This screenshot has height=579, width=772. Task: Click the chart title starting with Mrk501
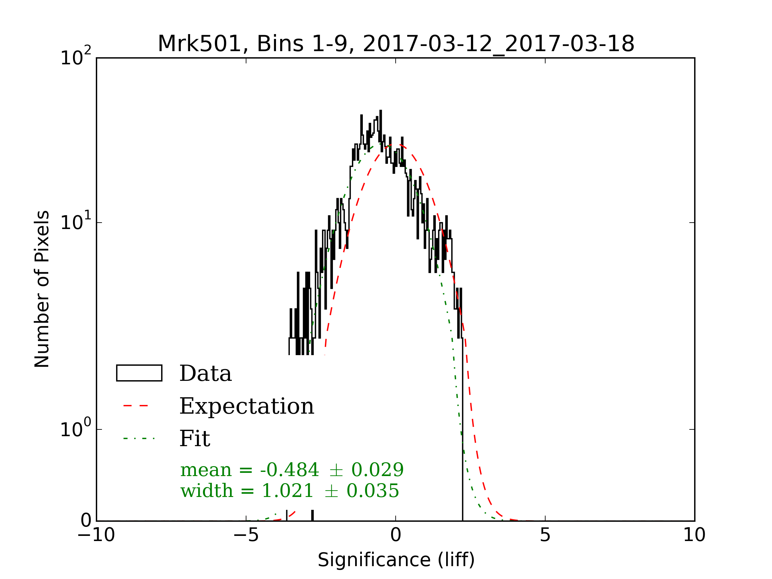396,44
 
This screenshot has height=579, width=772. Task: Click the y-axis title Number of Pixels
42,289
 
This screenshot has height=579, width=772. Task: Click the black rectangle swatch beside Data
139,373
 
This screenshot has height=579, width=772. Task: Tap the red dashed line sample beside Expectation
136,406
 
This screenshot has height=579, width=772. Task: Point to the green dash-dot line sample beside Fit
139,438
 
